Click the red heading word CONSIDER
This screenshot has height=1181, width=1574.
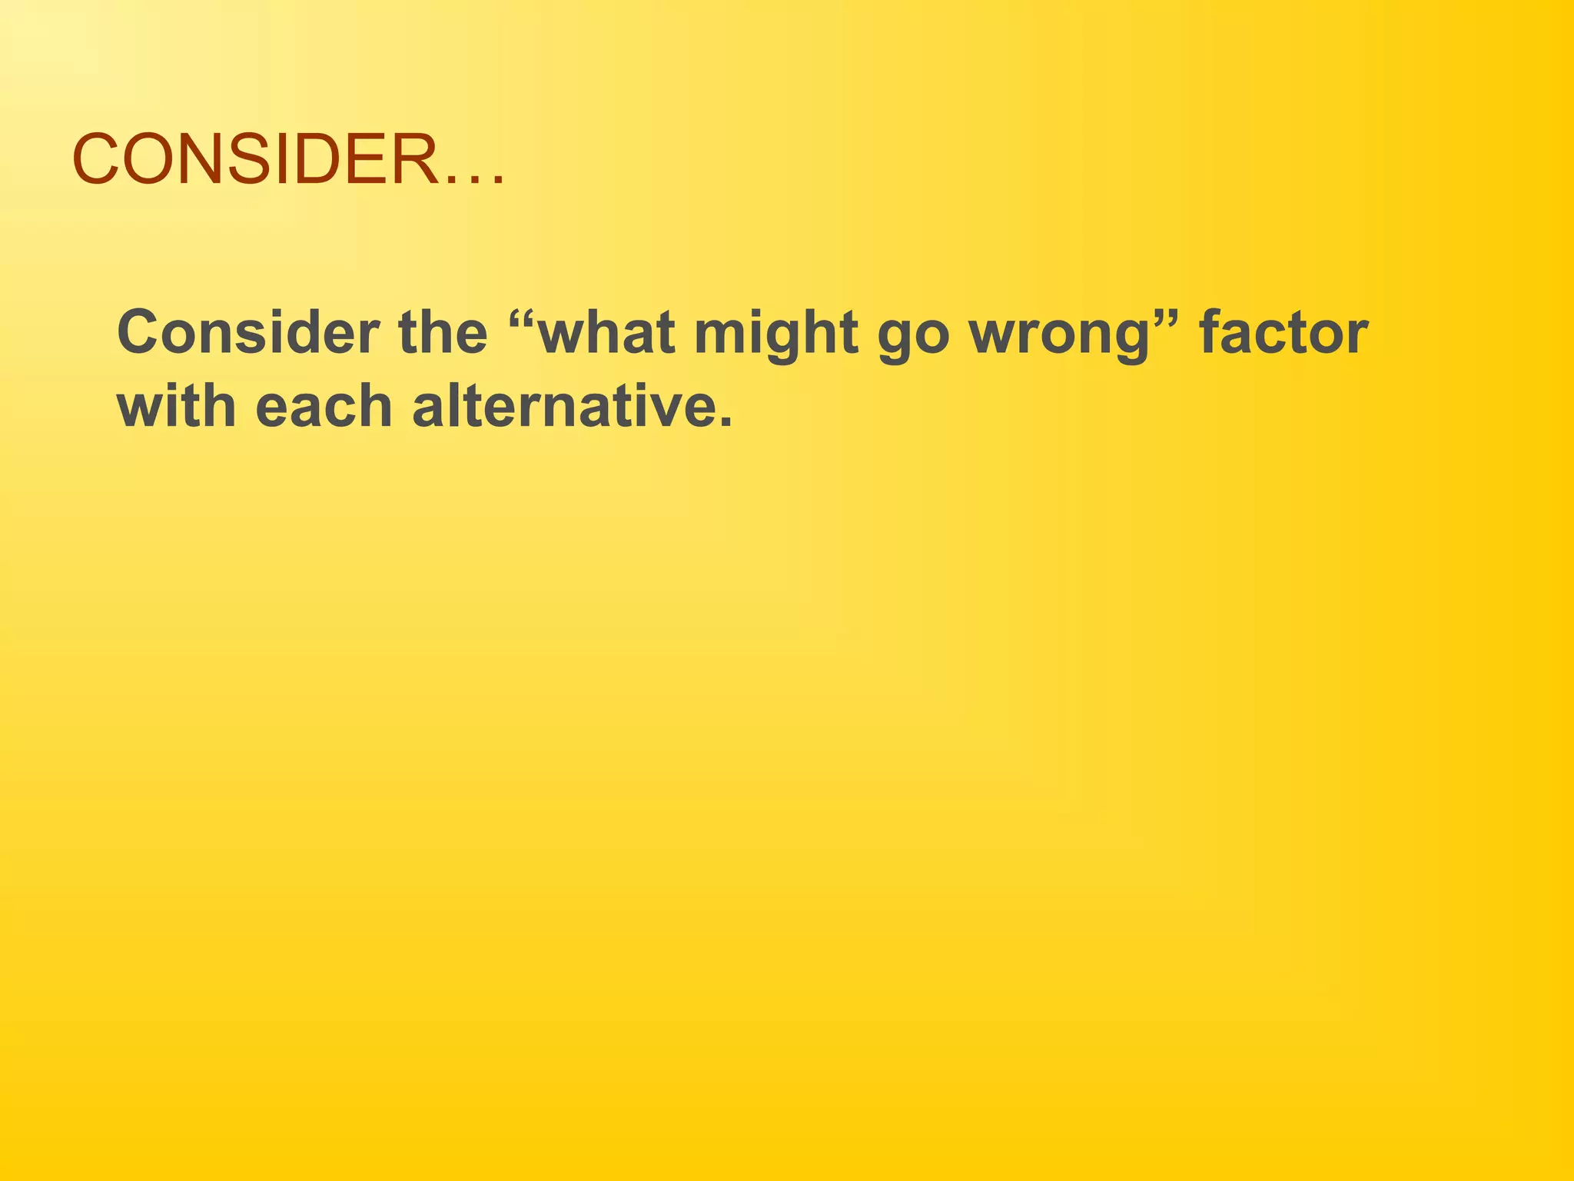[254, 160]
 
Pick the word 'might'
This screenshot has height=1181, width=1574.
[776, 334]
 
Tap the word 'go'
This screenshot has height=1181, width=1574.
[914, 338]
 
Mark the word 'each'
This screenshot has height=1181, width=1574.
[324, 407]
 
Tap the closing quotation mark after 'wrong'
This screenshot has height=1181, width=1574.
[1167, 316]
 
